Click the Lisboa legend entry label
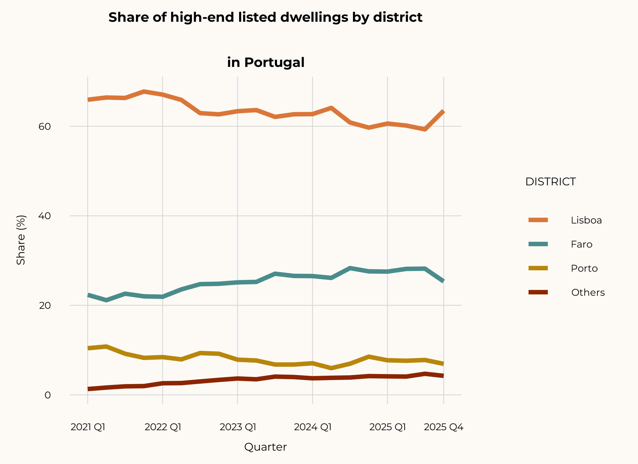[x=586, y=220]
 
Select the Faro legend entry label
[x=581, y=244]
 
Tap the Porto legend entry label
[x=584, y=268]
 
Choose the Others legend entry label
[x=588, y=292]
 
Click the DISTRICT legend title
[x=550, y=182]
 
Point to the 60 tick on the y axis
[x=45, y=126]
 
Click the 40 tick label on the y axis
[x=45, y=216]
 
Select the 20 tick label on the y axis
[x=45, y=305]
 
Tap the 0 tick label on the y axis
[x=48, y=395]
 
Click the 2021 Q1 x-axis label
[x=88, y=427]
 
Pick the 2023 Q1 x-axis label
[x=238, y=427]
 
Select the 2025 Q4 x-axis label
[x=443, y=427]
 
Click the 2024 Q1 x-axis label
[x=313, y=427]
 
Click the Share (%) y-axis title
[x=21, y=240]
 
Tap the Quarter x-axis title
[x=265, y=447]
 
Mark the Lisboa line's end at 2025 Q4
[x=443, y=111]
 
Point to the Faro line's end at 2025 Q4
[x=443, y=281]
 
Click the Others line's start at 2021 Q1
[x=88, y=389]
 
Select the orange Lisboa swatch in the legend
[x=538, y=220]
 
